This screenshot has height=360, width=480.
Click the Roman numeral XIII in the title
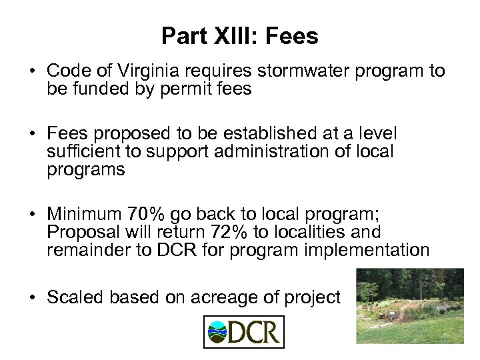(x=233, y=37)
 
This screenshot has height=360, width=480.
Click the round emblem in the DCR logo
(x=217, y=331)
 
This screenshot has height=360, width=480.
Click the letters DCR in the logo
(x=254, y=332)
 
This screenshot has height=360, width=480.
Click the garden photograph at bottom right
(x=409, y=306)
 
